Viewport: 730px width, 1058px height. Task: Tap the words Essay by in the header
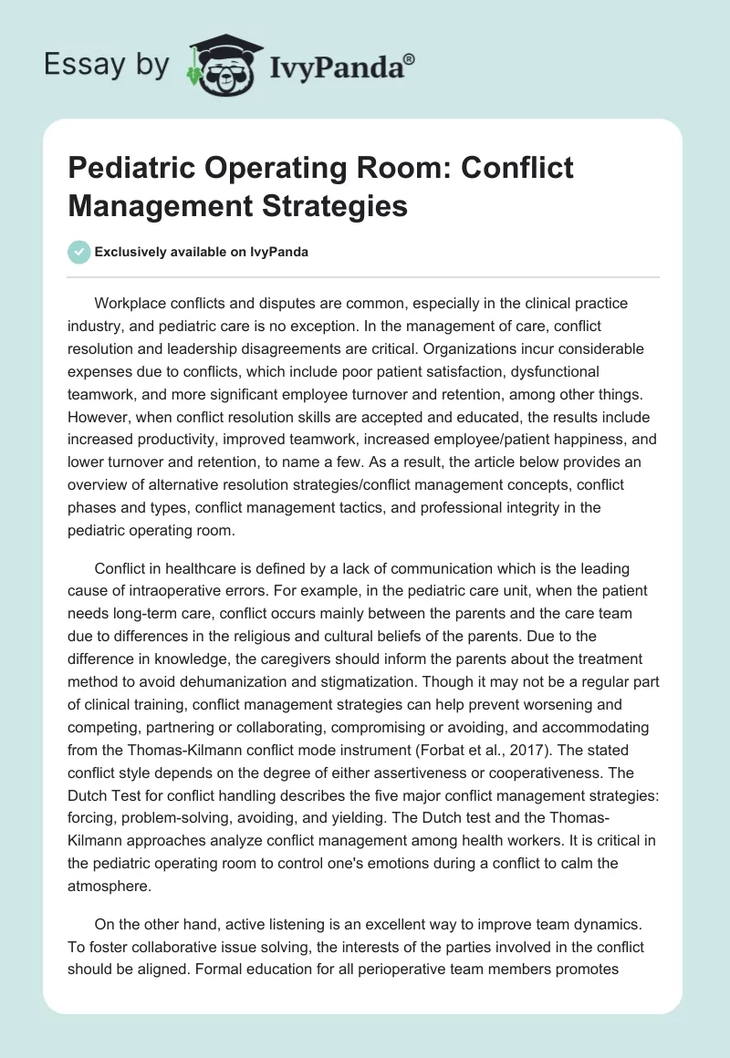(x=107, y=65)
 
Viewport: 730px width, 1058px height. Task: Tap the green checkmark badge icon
(x=79, y=252)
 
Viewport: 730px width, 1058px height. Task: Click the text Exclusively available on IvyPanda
(x=201, y=253)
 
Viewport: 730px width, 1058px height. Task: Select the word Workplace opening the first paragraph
(x=133, y=303)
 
